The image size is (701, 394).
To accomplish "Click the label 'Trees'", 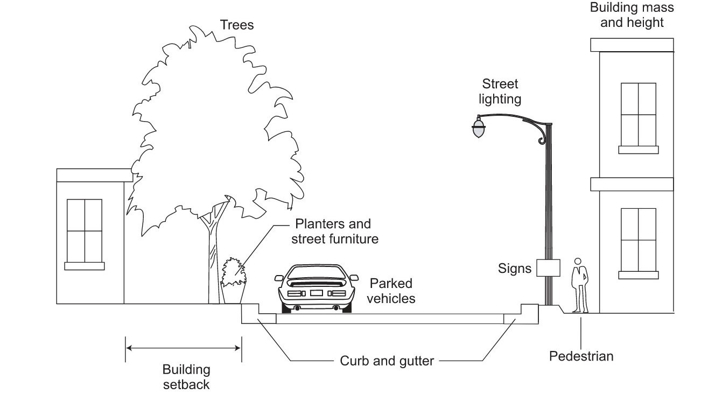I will click(236, 25).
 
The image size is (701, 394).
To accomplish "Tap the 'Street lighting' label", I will click(500, 92).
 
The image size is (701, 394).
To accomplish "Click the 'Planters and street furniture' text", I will click(334, 231).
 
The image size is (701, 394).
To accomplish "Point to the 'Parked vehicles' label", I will click(391, 291).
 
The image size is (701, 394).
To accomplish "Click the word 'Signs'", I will click(515, 268).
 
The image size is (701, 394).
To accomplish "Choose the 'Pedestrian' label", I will click(581, 356).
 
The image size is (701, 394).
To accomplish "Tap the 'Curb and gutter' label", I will click(387, 361).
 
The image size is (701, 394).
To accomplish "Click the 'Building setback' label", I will click(186, 377).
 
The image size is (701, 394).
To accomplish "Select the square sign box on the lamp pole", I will click(549, 268).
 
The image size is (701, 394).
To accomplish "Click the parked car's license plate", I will click(316, 293).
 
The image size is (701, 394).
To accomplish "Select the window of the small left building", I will click(84, 230).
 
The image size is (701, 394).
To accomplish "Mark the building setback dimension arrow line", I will click(183, 348).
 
